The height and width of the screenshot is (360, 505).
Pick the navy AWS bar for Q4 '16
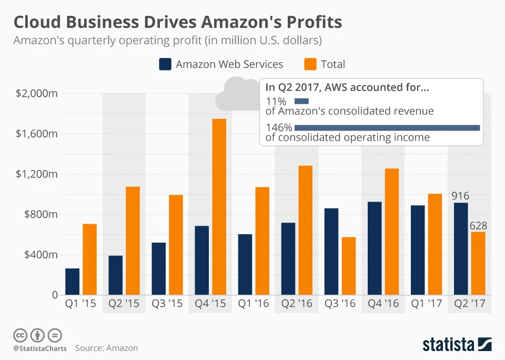(375, 248)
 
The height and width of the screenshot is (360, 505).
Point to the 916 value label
(460, 196)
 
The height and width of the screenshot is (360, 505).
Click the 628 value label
(478, 225)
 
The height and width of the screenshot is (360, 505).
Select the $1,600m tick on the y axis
(36, 134)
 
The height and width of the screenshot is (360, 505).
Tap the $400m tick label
(39, 255)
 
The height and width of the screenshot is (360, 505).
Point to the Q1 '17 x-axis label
(426, 304)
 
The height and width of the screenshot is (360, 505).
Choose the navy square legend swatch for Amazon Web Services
(165, 64)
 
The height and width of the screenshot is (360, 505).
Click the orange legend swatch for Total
(310, 64)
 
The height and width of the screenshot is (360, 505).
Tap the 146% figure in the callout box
(279, 127)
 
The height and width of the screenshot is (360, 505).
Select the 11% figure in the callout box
(276, 101)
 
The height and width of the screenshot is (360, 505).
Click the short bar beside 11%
(301, 101)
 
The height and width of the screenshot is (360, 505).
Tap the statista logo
(457, 345)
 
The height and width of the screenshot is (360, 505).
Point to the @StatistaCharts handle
(40, 348)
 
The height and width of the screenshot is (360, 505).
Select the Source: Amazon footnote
(106, 348)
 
